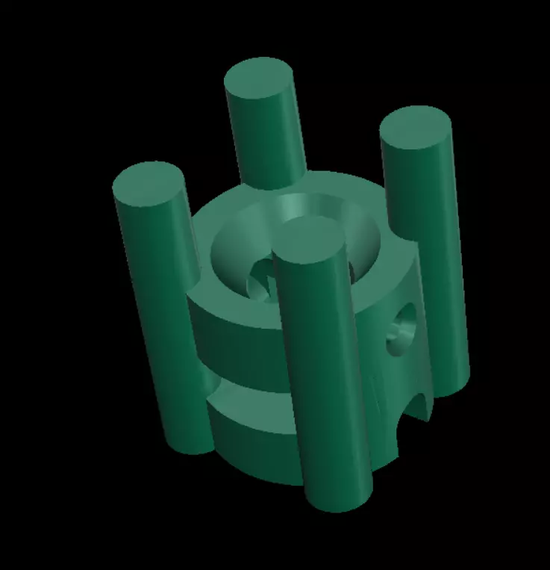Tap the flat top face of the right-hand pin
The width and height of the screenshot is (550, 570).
pyautogui.click(x=416, y=130)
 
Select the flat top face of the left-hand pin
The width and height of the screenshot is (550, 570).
pyautogui.click(x=149, y=184)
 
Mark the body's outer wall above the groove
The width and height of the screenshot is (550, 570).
pyautogui.click(x=239, y=344)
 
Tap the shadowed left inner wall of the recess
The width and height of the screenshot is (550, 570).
pyautogui.click(x=228, y=254)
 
